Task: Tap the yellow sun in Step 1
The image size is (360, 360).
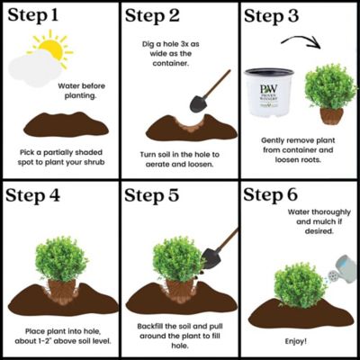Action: pyautogui.click(x=49, y=50)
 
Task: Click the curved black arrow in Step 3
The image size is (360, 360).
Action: pyautogui.click(x=301, y=42)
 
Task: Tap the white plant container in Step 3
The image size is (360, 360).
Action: pyautogui.click(x=270, y=95)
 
